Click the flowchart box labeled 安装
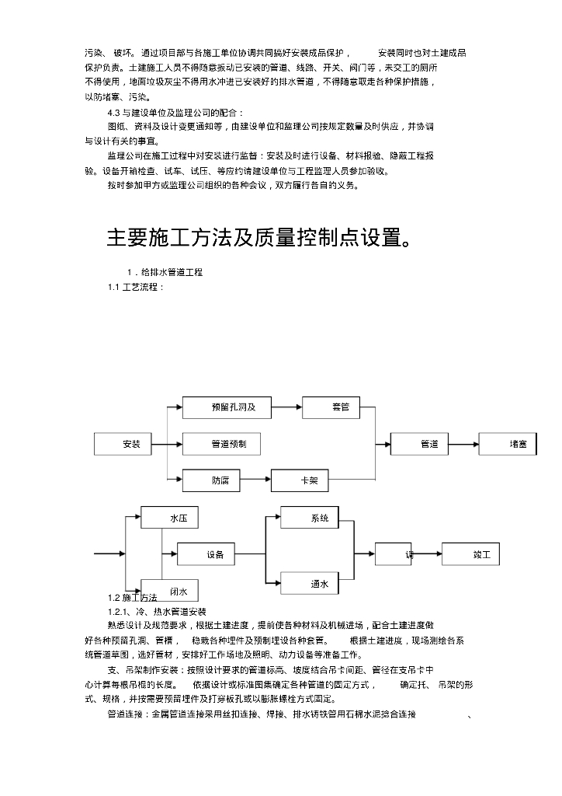tap(131, 444)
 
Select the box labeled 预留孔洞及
tap(229, 407)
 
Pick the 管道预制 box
tap(221, 444)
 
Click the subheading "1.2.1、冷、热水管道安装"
tap(157, 612)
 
